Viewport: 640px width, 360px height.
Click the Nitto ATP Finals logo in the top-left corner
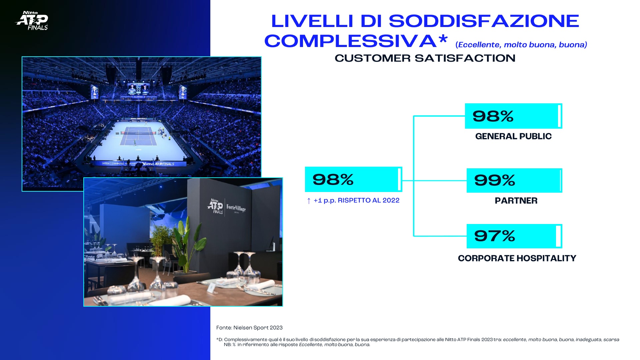[32, 21]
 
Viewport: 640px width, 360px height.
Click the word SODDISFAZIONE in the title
[484, 21]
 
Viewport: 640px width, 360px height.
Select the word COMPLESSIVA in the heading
[350, 41]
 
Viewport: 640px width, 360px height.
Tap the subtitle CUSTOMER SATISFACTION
[425, 58]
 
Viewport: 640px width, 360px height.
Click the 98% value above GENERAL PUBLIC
[493, 116]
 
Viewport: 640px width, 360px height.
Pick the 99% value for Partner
[495, 180]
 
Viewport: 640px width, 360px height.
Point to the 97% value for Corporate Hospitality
[495, 236]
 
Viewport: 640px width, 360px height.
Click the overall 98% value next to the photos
[333, 179]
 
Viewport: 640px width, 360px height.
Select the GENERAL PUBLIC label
[513, 136]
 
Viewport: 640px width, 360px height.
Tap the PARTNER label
[516, 201]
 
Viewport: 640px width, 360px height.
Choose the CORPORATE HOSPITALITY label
[517, 258]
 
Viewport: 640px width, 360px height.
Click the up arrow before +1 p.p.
[309, 201]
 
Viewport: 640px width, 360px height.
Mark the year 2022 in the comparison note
[391, 200]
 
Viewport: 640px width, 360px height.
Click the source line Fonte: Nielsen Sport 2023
[249, 328]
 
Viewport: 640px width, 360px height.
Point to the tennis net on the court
[138, 132]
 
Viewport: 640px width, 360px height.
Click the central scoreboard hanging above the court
[138, 89]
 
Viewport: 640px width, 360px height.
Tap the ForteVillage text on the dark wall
[236, 208]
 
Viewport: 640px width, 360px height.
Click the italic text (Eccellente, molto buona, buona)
[521, 45]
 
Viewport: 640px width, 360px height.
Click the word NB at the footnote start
[228, 345]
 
